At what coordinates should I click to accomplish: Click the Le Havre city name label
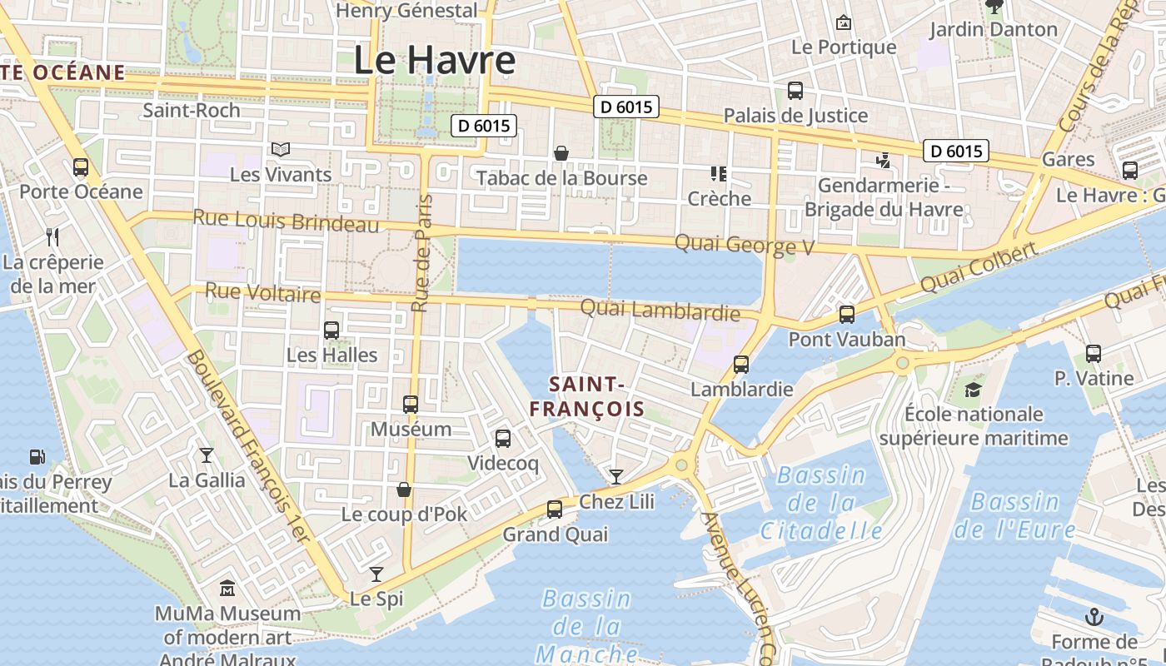tap(434, 61)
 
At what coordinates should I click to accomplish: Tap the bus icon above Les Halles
tap(331, 331)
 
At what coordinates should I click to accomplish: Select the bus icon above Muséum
tap(411, 405)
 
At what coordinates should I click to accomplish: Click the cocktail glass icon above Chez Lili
tap(616, 476)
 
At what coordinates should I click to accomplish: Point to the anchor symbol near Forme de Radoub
tap(1094, 617)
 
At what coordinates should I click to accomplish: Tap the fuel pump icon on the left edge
tap(37, 456)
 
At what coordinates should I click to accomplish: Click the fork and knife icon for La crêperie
tap(52, 237)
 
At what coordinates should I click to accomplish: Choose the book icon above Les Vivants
tap(281, 150)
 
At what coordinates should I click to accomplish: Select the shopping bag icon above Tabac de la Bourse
tap(561, 153)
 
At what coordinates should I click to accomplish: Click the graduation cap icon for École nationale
tap(973, 390)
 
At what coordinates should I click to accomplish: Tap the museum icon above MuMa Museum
tap(227, 589)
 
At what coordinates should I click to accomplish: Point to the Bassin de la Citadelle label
tap(821, 502)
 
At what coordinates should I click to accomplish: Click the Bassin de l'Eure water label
tap(1014, 515)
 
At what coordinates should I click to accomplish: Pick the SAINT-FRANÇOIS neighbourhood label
tap(587, 396)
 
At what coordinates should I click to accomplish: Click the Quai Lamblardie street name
tap(660, 311)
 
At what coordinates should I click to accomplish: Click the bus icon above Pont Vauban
tap(847, 315)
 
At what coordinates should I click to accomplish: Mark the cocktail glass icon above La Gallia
tap(207, 455)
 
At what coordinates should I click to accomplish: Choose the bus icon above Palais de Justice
tap(795, 91)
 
